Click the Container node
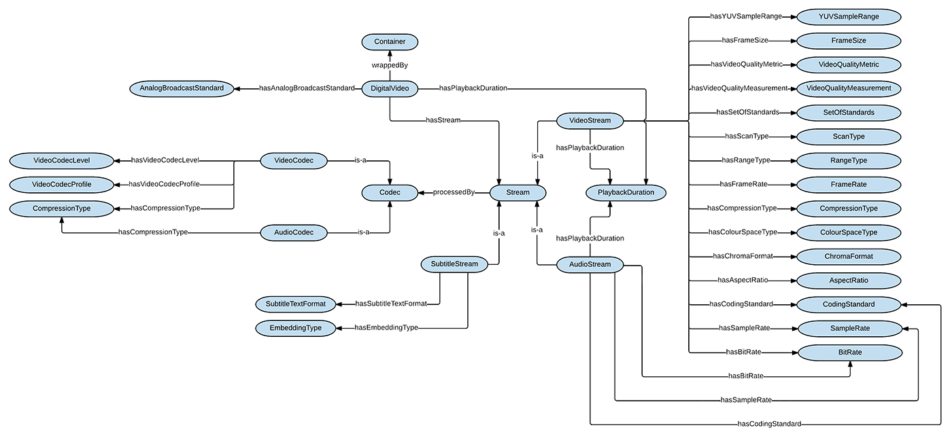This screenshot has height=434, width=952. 390,42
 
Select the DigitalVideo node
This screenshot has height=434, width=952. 390,89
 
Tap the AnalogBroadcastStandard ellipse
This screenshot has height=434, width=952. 182,89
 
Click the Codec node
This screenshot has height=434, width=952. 390,193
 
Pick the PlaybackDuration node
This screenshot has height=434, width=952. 626,193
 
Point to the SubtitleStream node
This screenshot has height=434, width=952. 454,265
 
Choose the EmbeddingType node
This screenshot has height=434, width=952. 295,328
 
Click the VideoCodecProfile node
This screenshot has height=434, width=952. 62,185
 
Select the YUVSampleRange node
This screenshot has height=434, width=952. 849,17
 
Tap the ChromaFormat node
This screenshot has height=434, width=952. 849,257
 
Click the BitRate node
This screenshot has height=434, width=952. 850,353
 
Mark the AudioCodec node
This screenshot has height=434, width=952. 294,233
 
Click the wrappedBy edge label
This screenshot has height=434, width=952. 390,65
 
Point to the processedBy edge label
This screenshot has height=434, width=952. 454,192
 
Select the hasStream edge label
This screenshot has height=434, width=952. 443,121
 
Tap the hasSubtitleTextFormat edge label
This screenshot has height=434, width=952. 391,304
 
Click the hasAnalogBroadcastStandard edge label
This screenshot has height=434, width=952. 307,88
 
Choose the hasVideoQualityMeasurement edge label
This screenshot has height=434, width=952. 740,88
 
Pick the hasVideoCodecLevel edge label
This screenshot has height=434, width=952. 165,160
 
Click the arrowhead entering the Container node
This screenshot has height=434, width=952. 390,54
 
